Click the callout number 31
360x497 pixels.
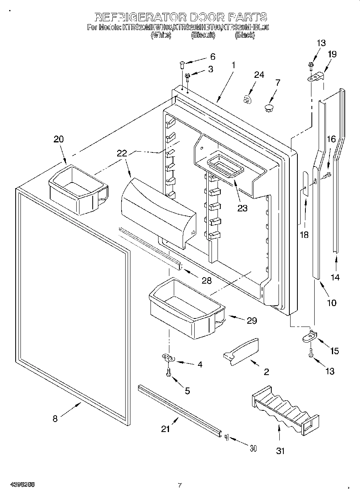(x=280, y=451)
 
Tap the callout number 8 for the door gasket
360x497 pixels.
(x=55, y=419)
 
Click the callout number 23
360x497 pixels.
(x=242, y=208)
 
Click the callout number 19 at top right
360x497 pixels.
(x=332, y=54)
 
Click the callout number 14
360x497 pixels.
(x=335, y=277)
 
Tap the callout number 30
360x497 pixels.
(x=252, y=448)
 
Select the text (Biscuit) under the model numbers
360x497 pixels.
(x=203, y=35)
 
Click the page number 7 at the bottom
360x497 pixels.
(x=180, y=485)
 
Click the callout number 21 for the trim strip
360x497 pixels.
(x=165, y=429)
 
